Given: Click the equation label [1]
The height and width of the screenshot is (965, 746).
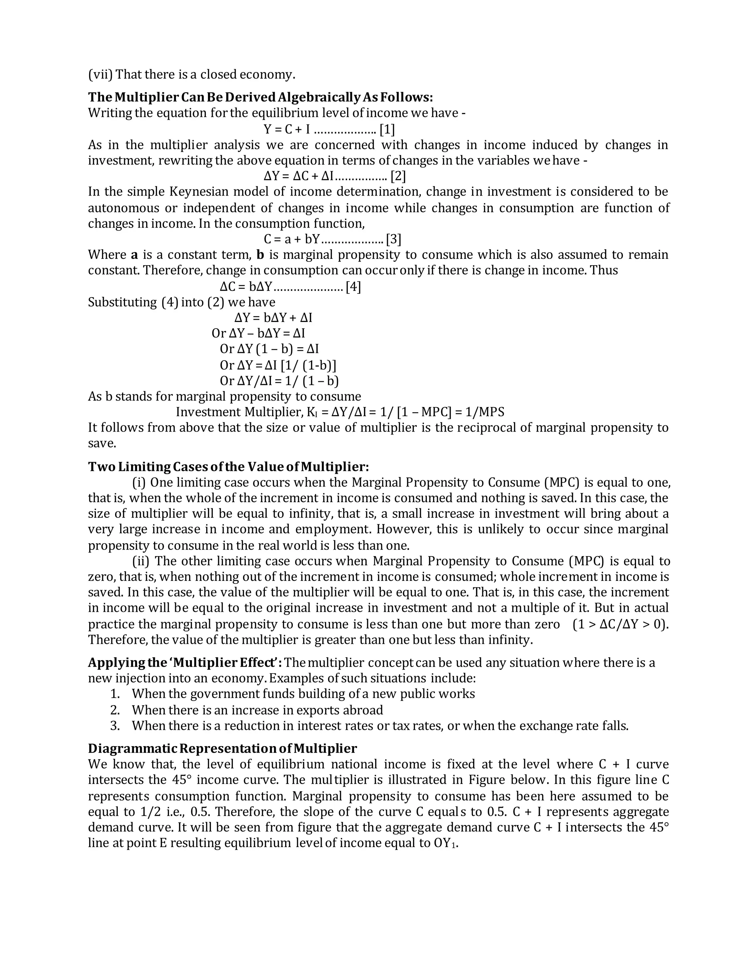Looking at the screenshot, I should [387, 130].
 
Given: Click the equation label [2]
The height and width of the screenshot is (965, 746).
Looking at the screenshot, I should [398, 176].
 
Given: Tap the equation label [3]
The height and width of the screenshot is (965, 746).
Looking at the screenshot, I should [393, 240].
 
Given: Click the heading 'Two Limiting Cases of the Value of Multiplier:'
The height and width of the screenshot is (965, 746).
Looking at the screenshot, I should [228, 466].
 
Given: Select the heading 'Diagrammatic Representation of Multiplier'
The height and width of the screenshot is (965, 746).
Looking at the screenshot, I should [222, 748].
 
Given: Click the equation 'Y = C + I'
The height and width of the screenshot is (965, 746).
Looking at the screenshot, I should [286, 130].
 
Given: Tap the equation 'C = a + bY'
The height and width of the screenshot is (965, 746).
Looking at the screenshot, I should [291, 240].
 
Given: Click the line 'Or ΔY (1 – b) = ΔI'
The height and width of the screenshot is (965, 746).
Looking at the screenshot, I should [269, 349].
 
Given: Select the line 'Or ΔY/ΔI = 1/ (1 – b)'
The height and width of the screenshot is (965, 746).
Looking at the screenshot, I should [279, 381].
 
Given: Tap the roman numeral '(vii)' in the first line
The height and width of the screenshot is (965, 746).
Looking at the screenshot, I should [100, 74].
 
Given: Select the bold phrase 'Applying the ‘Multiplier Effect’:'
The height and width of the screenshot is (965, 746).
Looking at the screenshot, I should [185, 663].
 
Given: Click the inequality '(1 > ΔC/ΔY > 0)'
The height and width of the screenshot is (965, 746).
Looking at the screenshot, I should [620, 624].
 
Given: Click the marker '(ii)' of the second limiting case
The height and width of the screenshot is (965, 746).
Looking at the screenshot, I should [141, 561].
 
